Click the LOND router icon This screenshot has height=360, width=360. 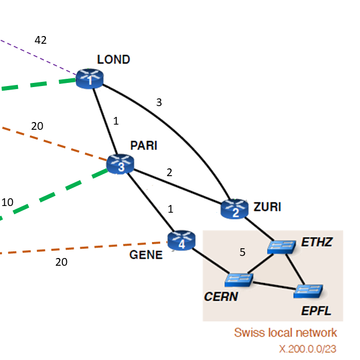90,79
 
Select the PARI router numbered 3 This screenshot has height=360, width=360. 120,164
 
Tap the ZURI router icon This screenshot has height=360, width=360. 234,209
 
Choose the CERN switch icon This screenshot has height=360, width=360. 239,279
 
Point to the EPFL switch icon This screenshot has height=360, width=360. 308,292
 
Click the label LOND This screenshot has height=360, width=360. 113,59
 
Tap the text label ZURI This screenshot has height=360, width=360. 267,207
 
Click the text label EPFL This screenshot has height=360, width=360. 316,311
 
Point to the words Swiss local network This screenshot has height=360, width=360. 285,332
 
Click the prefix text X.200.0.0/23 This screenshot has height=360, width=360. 308,349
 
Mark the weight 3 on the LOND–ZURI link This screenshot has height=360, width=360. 159,102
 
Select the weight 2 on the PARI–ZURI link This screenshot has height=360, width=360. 169,173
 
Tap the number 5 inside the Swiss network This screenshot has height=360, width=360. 242,252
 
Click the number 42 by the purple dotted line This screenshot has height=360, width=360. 40,40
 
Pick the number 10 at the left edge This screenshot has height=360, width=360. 7,202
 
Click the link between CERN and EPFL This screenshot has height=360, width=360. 273,285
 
